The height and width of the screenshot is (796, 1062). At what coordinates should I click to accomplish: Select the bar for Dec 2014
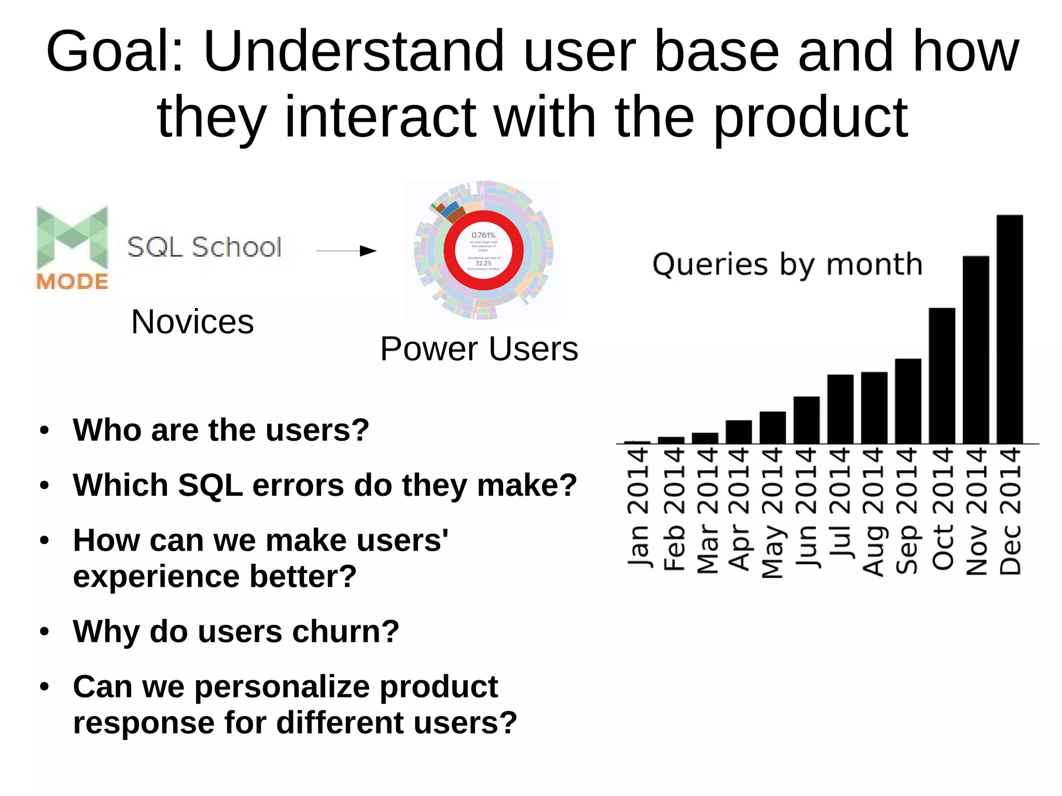click(1009, 329)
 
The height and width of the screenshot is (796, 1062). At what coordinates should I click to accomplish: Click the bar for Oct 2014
click(942, 376)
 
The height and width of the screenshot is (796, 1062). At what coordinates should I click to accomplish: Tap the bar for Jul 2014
click(840, 409)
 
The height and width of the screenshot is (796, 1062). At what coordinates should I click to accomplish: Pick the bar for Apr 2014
click(738, 432)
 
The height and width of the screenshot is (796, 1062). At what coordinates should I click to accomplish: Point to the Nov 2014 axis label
click(976, 511)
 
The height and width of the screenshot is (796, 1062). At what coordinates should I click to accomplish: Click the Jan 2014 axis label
click(638, 508)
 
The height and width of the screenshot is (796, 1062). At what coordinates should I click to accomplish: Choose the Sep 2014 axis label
click(908, 511)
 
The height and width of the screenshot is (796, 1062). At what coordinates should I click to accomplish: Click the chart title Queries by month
click(787, 264)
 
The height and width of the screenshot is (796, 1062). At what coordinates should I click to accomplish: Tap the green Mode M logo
click(72, 237)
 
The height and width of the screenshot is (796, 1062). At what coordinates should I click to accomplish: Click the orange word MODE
click(72, 282)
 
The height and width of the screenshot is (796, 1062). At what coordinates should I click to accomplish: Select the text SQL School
click(204, 247)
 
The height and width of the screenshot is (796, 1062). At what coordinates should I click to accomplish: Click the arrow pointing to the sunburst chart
click(346, 251)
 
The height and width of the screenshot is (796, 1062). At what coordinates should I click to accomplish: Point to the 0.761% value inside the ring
click(483, 235)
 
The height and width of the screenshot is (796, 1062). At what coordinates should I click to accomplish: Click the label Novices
click(192, 322)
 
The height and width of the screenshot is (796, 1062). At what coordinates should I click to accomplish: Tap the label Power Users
click(479, 348)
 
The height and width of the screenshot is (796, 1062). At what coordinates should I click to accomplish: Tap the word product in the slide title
click(810, 118)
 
